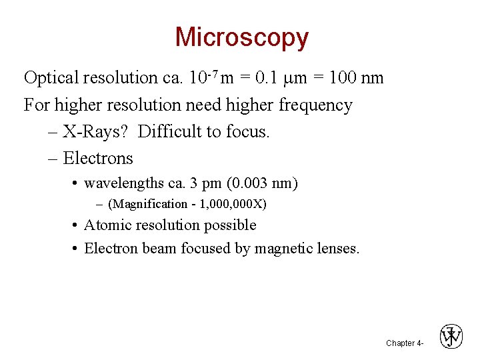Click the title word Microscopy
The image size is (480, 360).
click(x=241, y=37)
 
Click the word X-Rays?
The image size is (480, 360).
click(x=98, y=132)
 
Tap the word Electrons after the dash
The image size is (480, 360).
click(x=98, y=159)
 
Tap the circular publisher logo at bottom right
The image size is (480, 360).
click(x=451, y=337)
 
